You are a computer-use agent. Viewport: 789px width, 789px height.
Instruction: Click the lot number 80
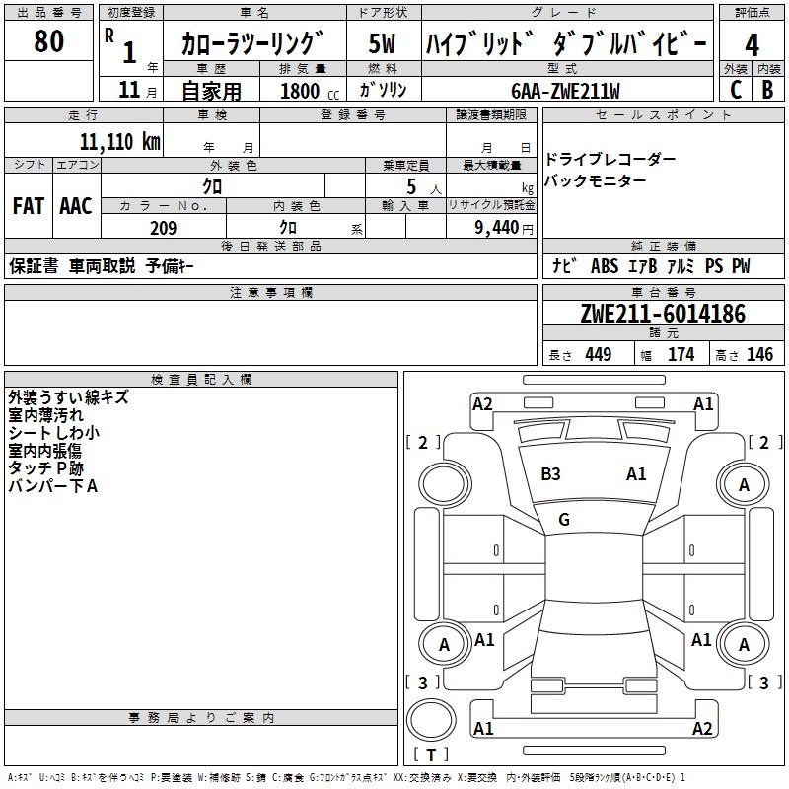[48, 41]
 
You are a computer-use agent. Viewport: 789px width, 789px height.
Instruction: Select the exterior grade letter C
[735, 89]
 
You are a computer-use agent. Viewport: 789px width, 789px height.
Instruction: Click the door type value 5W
[383, 44]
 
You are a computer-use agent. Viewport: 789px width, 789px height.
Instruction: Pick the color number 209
[163, 228]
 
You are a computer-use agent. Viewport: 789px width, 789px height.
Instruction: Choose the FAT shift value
[29, 205]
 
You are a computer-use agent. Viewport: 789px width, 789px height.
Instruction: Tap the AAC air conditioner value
[76, 205]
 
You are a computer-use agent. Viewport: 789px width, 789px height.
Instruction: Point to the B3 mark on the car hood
[550, 474]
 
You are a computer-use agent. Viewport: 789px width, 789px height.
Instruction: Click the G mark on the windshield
[564, 520]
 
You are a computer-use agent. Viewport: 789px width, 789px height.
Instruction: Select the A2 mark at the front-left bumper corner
[482, 403]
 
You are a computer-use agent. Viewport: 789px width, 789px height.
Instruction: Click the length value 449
[598, 355]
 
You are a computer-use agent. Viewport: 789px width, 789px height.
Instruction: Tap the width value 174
[681, 355]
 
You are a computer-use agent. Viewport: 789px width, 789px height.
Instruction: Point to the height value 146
[759, 355]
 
